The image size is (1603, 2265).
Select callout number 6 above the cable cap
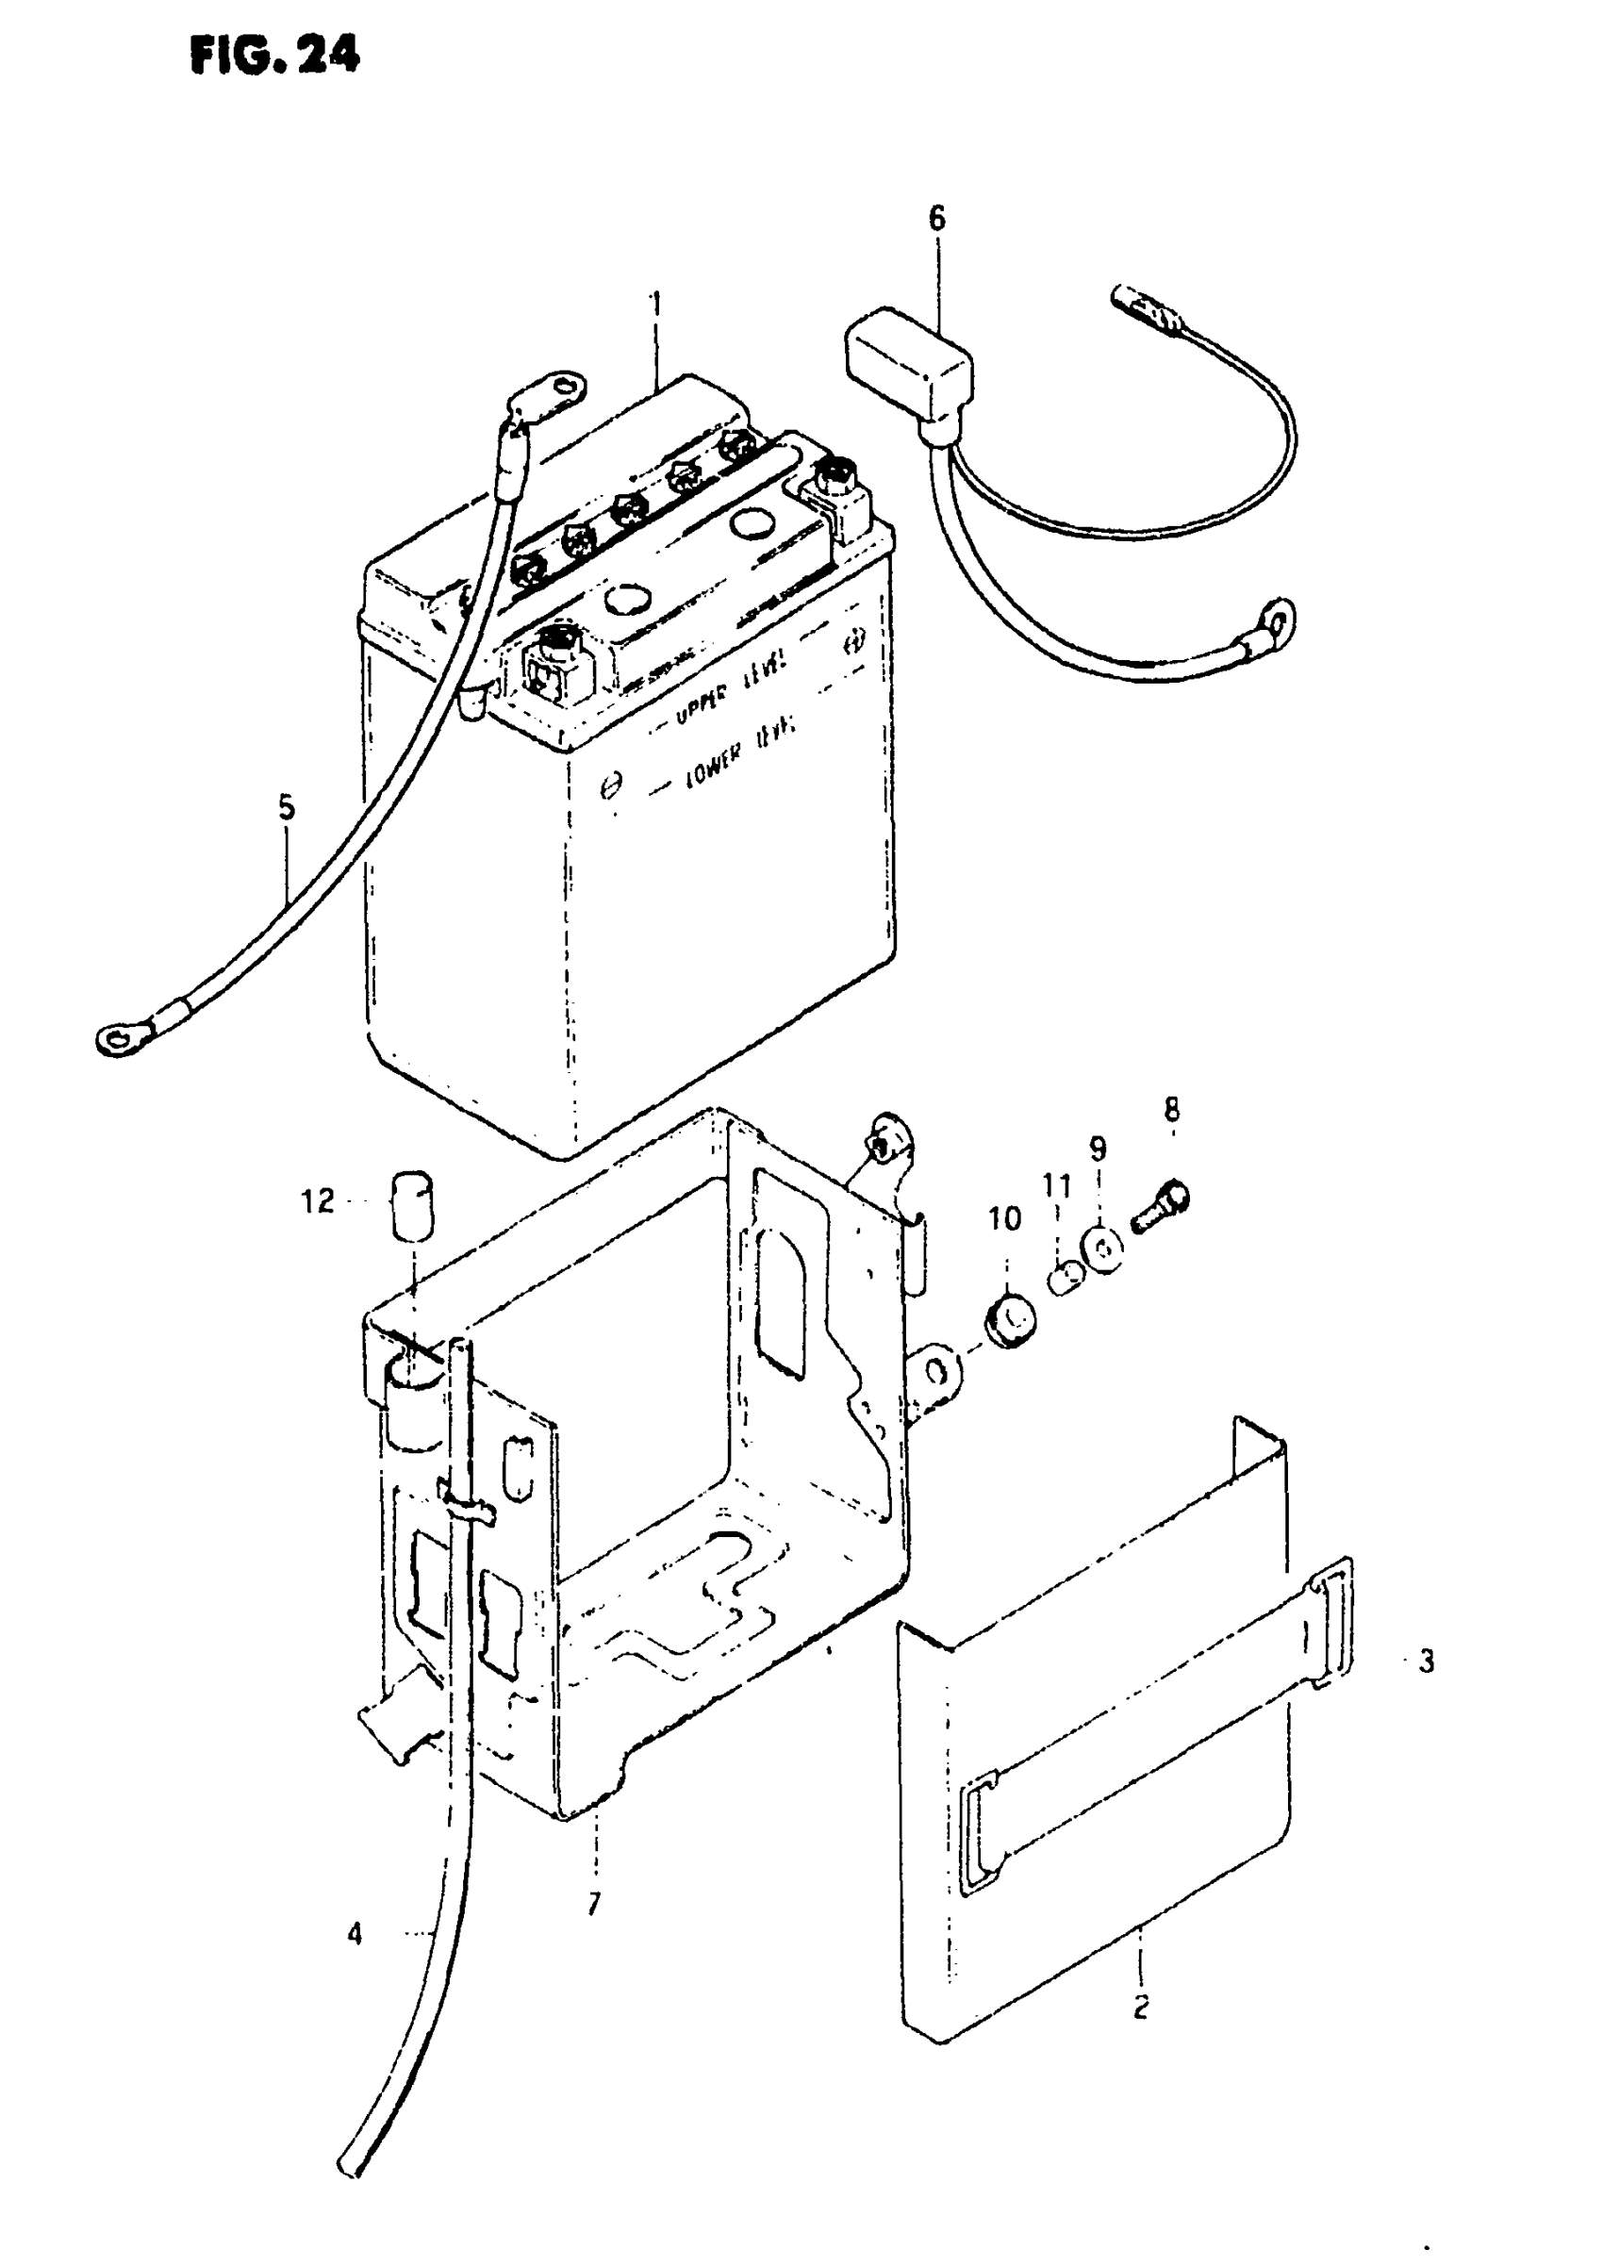936,217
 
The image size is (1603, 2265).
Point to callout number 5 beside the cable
287,808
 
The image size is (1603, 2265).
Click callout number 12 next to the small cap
319,1202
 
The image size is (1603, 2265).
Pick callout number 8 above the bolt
1172,1110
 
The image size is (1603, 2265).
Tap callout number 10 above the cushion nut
1004,1220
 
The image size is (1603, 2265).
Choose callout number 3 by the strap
1426,1662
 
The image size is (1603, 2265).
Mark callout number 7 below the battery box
593,1904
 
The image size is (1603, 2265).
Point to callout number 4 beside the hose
355,1933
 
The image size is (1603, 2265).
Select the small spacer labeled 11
1064,1280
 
